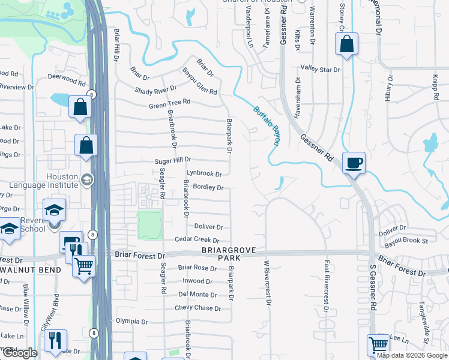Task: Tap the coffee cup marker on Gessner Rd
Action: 354,162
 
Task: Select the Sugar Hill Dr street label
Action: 173,160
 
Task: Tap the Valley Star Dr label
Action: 321,70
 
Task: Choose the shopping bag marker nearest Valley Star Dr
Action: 346,44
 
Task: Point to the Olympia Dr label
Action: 131,320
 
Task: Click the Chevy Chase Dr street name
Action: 197,308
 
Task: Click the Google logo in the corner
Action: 20,353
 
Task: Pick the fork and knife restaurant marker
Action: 55,340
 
